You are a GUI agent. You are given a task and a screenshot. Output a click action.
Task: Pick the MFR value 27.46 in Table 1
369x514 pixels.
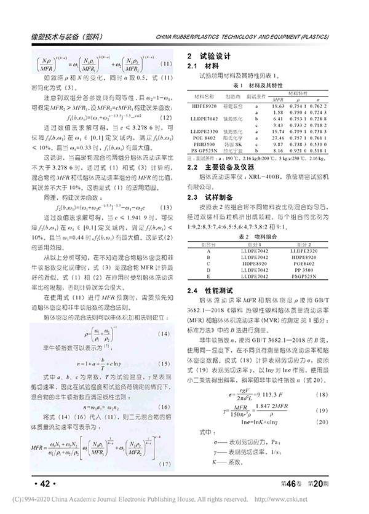click(277, 138)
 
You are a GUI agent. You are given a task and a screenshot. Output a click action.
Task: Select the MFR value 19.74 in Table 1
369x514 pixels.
click(277, 132)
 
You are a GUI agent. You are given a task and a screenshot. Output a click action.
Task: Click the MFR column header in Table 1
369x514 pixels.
click(278, 98)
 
